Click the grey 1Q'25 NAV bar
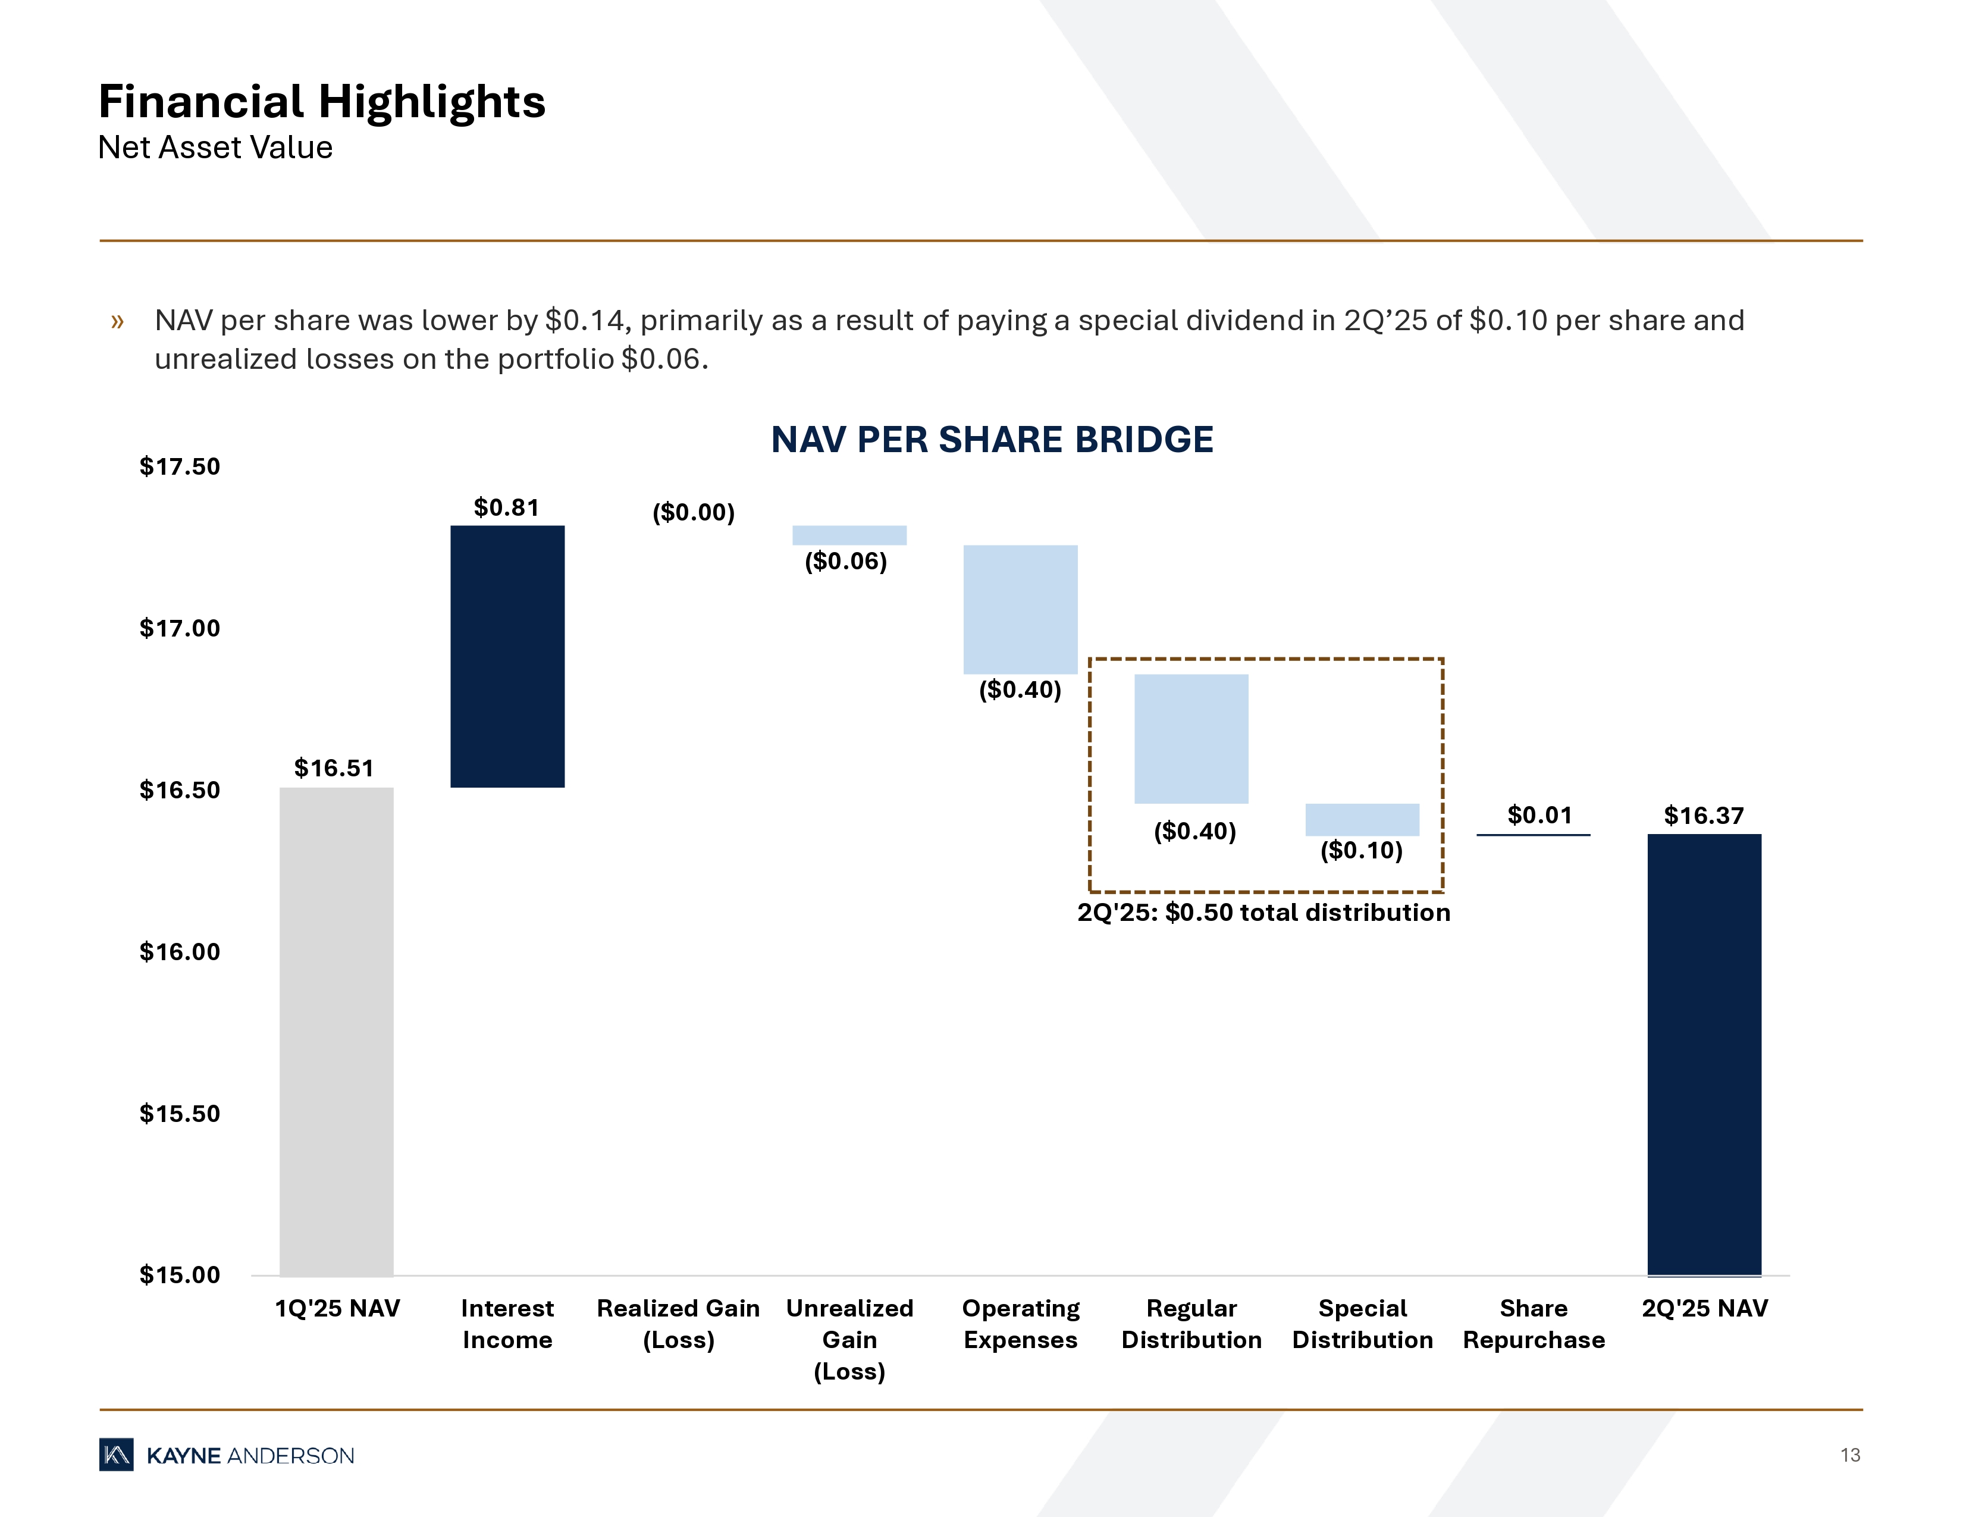(336, 1031)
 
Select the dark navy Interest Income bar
(507, 656)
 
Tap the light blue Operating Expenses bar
(1020, 609)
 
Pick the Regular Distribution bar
(1191, 739)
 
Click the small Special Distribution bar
(1362, 820)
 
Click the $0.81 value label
(506, 508)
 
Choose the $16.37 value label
(1703, 816)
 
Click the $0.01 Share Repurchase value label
(1539, 815)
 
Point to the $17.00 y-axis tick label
(180, 628)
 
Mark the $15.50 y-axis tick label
(180, 1114)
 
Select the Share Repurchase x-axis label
(1534, 1324)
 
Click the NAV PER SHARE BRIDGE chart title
(992, 440)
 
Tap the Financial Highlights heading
(322, 102)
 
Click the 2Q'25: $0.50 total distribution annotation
(1263, 913)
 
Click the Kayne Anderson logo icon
(116, 1455)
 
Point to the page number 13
(1850, 1455)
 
